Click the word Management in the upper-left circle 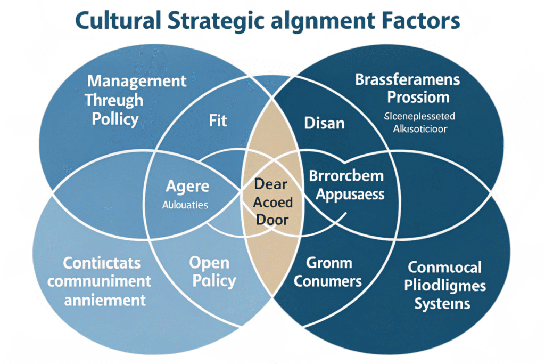click(137, 81)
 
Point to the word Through click(114, 100)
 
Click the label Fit click(218, 120)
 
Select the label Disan click(324, 123)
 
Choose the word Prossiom click(418, 98)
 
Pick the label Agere click(188, 187)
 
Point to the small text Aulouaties click(185, 204)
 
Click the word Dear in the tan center click(271, 185)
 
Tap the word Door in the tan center click(271, 220)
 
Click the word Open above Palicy click(209, 263)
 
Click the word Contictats click(102, 263)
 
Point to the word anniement click(105, 300)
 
